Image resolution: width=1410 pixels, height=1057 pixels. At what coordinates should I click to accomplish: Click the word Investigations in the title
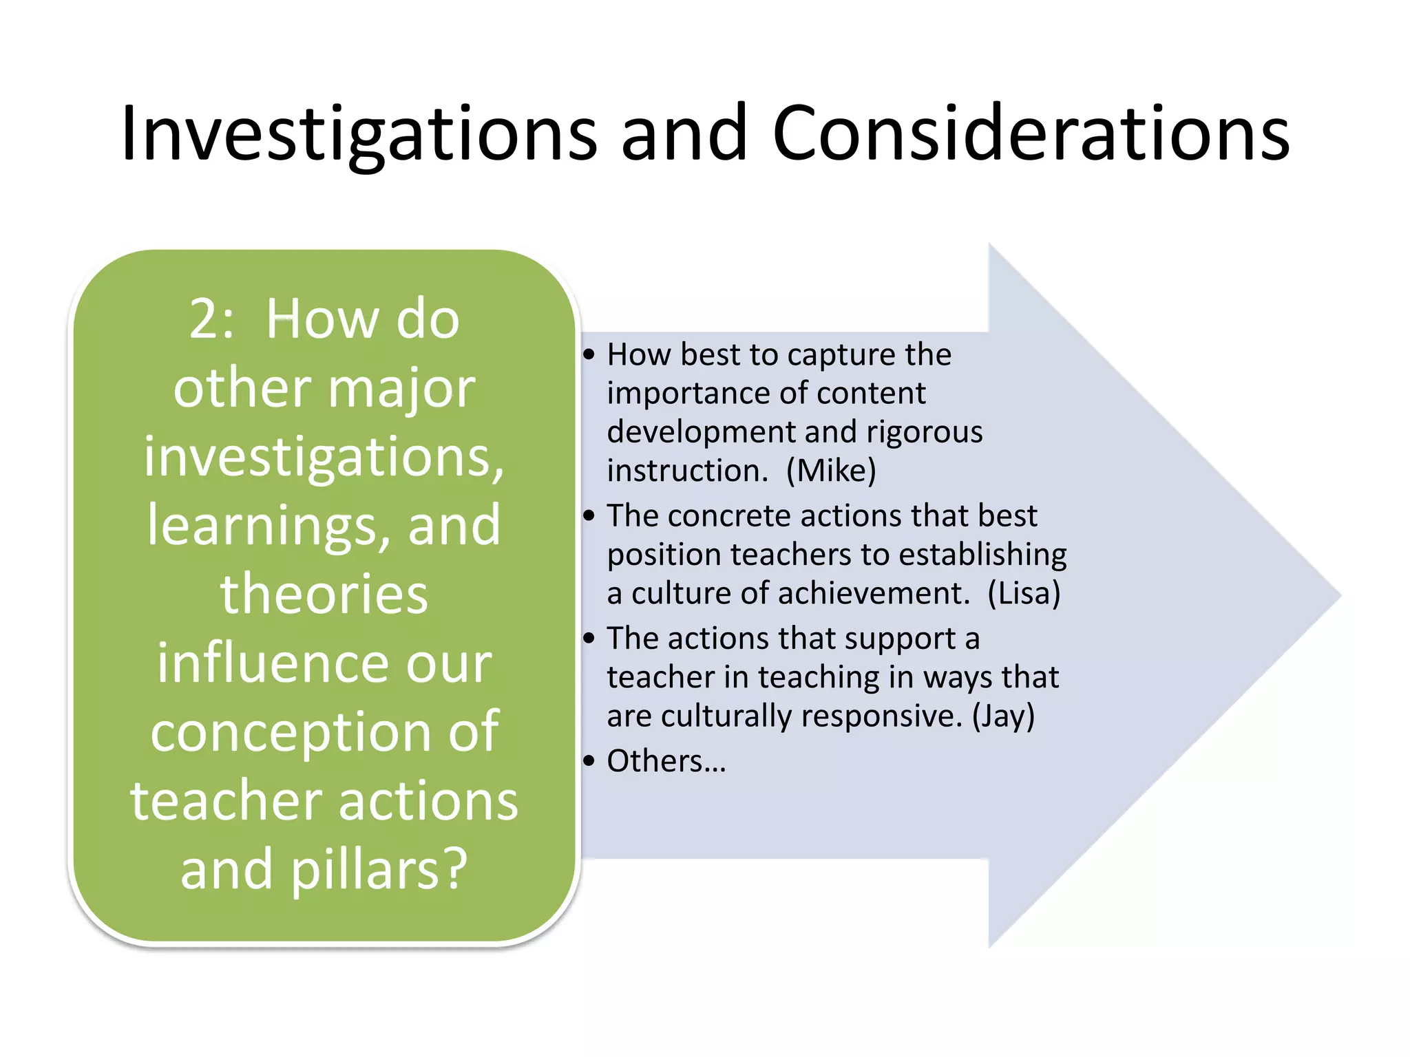(358, 134)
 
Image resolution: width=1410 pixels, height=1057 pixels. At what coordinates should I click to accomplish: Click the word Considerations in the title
(1031, 134)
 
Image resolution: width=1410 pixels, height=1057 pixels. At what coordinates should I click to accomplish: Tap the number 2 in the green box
(204, 320)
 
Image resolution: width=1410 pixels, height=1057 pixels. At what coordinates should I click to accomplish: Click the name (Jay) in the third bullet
(1003, 716)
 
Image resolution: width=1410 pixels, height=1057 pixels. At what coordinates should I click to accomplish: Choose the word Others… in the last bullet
(666, 762)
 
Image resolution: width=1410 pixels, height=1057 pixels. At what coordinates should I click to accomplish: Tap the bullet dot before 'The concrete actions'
(589, 516)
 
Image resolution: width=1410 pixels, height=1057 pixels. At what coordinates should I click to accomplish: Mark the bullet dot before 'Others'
(589, 762)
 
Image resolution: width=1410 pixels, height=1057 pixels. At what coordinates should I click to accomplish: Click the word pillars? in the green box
(379, 871)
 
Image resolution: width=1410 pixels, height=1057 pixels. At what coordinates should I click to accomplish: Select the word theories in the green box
(324, 595)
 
